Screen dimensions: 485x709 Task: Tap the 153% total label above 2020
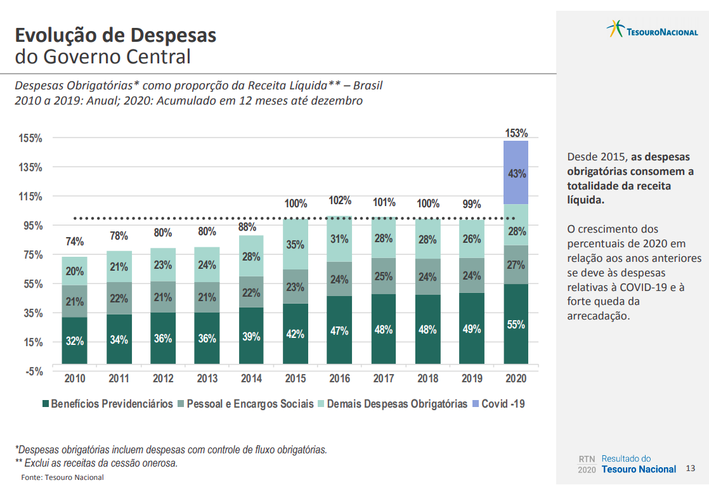click(x=516, y=133)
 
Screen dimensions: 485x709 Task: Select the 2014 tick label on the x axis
click(x=251, y=378)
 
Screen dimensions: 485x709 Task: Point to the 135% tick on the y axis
click(x=30, y=167)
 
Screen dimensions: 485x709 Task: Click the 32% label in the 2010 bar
click(x=75, y=340)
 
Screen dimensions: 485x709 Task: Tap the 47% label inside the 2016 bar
click(x=339, y=331)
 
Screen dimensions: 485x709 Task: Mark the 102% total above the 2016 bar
click(x=340, y=201)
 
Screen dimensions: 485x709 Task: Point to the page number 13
click(x=691, y=469)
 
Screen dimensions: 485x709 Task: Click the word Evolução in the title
click(x=60, y=35)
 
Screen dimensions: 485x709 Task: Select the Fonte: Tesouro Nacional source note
click(x=62, y=477)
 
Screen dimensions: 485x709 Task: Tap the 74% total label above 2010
click(x=74, y=242)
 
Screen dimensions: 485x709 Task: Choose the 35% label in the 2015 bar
click(x=296, y=244)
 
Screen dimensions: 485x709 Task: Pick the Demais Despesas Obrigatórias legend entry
click(x=397, y=404)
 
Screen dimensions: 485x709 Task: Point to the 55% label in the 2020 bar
click(x=516, y=325)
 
